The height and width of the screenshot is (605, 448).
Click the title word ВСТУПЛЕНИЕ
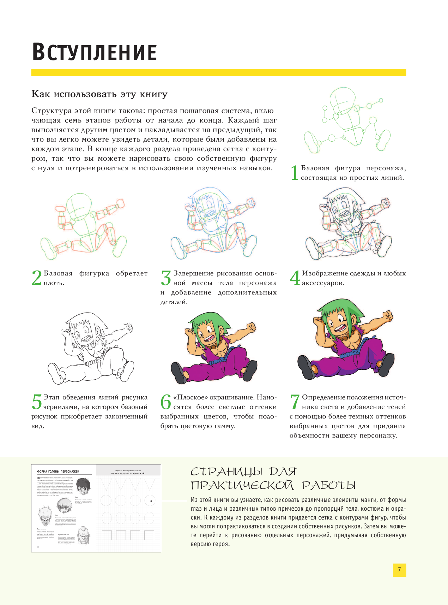95,53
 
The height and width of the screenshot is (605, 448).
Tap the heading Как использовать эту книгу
99,94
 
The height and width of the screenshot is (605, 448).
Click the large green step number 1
295,173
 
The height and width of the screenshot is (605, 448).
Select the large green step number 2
37,278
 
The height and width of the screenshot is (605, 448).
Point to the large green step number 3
166,278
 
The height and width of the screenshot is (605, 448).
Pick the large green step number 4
295,278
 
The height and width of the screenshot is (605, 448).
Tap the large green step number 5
37,402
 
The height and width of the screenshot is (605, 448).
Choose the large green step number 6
166,402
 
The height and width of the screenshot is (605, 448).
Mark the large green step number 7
295,402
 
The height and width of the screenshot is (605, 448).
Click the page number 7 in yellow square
399,570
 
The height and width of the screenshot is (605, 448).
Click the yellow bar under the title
219,72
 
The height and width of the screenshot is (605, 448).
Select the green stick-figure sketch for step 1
347,120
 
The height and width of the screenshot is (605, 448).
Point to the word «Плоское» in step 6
190,397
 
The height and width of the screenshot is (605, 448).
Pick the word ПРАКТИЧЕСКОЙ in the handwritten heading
242,486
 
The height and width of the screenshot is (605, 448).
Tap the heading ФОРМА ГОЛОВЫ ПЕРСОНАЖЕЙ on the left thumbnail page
58,471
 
